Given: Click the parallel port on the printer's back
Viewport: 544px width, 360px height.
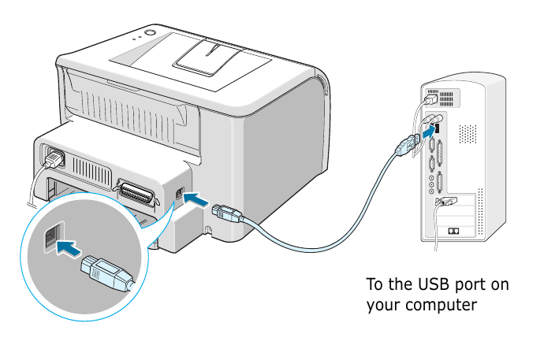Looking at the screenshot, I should pos(135,189).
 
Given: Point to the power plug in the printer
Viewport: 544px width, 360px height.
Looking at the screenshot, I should pos(54,160).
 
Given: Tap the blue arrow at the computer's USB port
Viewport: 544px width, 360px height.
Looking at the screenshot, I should pos(426,135).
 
